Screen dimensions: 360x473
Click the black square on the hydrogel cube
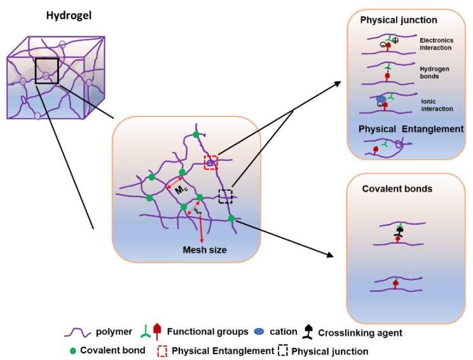pos(46,70)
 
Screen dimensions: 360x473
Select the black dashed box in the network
pos(225,196)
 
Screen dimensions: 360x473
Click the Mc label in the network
pos(179,190)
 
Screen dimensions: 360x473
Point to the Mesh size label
pos(205,249)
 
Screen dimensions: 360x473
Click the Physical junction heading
pos(395,20)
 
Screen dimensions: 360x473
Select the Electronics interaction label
pos(436,43)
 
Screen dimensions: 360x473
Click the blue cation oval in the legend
pos(257,331)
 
